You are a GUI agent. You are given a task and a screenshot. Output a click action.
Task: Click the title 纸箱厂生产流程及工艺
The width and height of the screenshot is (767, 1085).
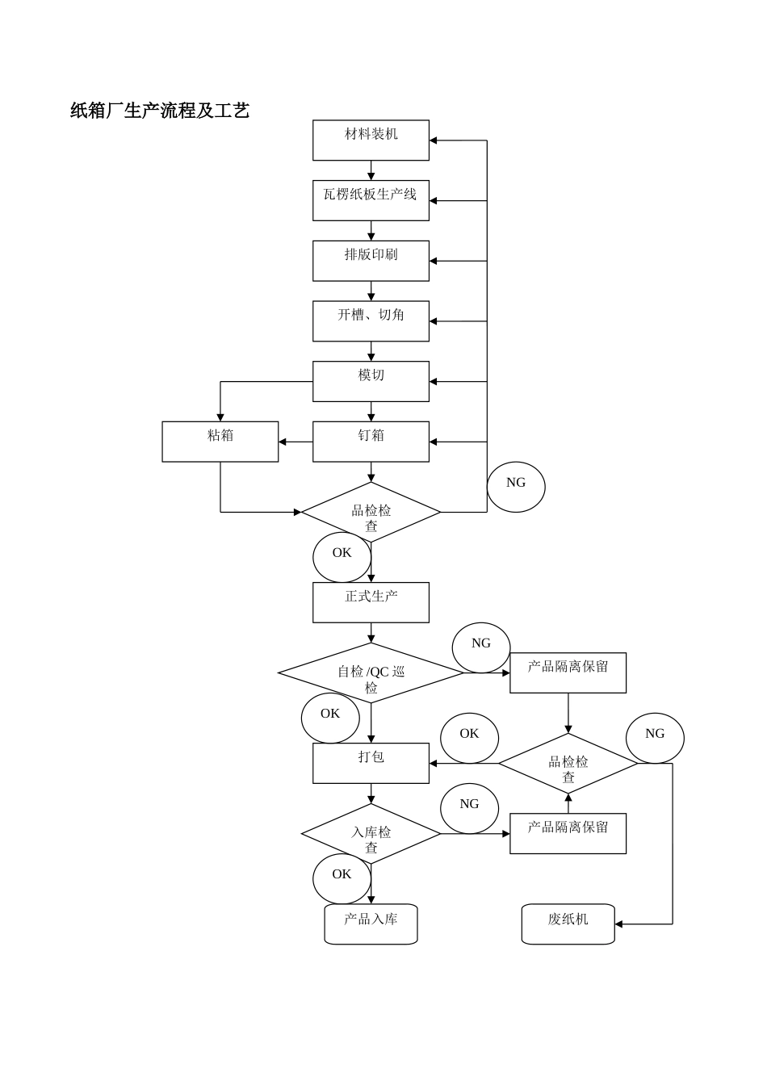160,111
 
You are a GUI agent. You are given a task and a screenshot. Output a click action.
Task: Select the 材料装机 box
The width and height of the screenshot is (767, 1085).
371,140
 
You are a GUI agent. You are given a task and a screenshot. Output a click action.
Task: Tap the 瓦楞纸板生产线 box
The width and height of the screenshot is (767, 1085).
371,200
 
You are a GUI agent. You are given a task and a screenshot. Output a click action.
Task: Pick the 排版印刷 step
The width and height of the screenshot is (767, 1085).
371,261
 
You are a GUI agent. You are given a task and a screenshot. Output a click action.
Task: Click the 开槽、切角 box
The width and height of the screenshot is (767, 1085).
371,321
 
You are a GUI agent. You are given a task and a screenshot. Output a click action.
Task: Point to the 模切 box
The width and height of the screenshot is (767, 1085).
371,381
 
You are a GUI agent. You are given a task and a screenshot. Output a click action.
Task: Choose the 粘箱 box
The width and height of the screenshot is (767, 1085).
220,442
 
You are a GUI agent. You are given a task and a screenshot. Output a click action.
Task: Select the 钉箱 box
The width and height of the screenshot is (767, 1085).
371,442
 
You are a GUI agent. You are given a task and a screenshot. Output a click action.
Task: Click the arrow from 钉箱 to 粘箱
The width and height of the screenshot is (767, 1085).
295,442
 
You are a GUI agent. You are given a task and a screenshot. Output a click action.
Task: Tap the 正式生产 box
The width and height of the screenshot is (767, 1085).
371,602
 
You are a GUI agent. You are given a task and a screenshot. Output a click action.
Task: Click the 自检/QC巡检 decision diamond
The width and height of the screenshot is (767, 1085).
371,673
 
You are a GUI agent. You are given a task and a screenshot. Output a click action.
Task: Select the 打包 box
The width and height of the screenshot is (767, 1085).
371,763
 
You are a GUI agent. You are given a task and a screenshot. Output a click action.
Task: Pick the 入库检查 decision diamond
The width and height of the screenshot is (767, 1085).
371,834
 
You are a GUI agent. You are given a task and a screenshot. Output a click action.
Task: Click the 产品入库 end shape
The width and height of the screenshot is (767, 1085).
371,924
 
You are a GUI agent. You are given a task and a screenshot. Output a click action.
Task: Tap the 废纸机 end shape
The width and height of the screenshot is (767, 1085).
568,924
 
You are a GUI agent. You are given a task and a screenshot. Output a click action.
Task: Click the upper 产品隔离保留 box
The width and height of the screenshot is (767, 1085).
568,672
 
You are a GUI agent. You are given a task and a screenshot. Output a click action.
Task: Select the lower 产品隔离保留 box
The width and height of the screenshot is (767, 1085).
568,833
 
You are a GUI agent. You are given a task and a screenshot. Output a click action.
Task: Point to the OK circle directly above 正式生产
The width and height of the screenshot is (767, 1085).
342,557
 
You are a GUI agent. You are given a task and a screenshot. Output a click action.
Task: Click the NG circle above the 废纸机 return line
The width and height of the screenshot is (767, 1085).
655,738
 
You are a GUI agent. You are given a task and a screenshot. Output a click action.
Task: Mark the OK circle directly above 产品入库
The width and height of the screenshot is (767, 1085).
342,878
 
